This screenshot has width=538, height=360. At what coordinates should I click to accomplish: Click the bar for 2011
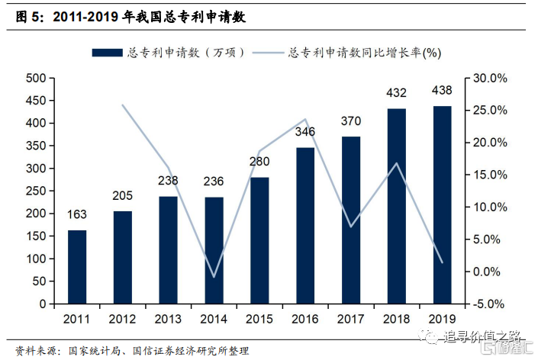(77, 267)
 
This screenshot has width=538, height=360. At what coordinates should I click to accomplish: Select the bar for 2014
(214, 250)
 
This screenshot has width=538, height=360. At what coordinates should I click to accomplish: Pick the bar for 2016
(305, 226)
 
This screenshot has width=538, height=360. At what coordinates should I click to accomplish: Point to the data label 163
(77, 214)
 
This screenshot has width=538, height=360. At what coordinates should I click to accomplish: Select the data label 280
(259, 162)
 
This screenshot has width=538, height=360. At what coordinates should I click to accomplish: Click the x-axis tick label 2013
(168, 318)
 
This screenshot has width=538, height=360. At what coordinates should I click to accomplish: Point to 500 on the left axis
(34, 79)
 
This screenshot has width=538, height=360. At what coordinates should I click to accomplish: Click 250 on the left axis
(34, 191)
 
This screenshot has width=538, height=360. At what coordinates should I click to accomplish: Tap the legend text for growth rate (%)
(366, 53)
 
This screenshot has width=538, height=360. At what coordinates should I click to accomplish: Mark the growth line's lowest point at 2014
(214, 277)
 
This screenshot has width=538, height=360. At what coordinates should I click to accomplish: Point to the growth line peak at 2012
(123, 105)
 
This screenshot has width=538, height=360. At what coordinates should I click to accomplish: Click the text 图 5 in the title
(31, 16)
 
